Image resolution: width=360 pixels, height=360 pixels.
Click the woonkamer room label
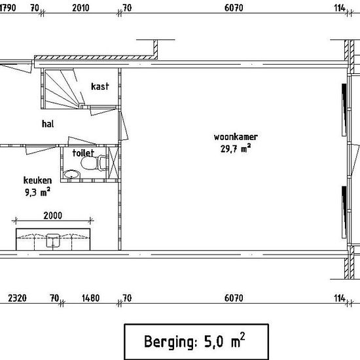tap(236, 137)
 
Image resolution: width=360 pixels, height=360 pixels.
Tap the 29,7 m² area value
tap(236, 149)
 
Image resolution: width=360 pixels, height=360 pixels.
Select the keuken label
tap(37, 180)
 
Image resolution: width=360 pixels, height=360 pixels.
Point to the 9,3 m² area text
tap(37, 192)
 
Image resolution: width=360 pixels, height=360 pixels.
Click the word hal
tap(48, 124)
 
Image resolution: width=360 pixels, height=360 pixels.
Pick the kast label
tap(100, 86)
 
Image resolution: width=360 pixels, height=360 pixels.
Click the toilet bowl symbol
tap(94, 163)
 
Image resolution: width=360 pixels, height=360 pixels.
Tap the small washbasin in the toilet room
tap(72, 174)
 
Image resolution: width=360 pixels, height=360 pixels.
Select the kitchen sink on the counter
tap(53, 240)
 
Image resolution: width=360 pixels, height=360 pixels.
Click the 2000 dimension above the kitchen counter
tap(53, 215)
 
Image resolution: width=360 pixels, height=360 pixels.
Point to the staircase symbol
tap(62, 88)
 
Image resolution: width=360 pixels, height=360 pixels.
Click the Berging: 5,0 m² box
tap(196, 342)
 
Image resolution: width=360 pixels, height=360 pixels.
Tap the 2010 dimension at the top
tap(81, 8)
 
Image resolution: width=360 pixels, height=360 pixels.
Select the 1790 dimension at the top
tap(8, 8)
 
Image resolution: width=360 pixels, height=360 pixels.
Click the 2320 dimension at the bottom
tap(17, 298)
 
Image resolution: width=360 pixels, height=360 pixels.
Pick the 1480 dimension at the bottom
tap(91, 298)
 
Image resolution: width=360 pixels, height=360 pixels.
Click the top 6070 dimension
tap(234, 8)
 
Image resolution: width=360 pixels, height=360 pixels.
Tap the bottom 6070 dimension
tap(234, 298)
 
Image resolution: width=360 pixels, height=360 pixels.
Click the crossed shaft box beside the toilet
tap(113, 163)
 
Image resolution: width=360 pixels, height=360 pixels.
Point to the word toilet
tap(83, 153)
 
